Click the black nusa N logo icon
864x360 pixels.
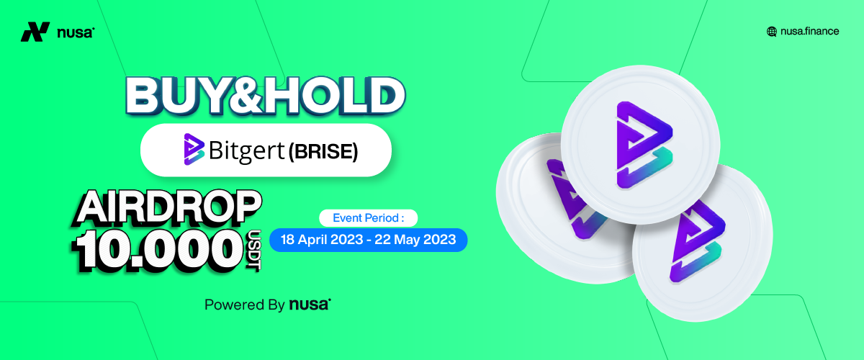coord(35,32)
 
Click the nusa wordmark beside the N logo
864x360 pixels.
coord(76,33)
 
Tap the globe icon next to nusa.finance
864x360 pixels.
coord(771,32)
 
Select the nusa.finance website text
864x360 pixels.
coord(809,31)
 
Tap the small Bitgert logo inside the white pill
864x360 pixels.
coord(194,149)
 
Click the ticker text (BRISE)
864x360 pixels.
coord(323,151)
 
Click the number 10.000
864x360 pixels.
coord(158,250)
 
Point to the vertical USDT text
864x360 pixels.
coord(254,251)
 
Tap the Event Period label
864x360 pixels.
coord(369,218)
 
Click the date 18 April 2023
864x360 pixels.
coord(322,240)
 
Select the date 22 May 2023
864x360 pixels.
coord(415,240)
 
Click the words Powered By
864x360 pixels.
coord(245,305)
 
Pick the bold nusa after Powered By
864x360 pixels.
coord(310,305)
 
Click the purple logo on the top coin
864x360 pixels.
coord(644,145)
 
